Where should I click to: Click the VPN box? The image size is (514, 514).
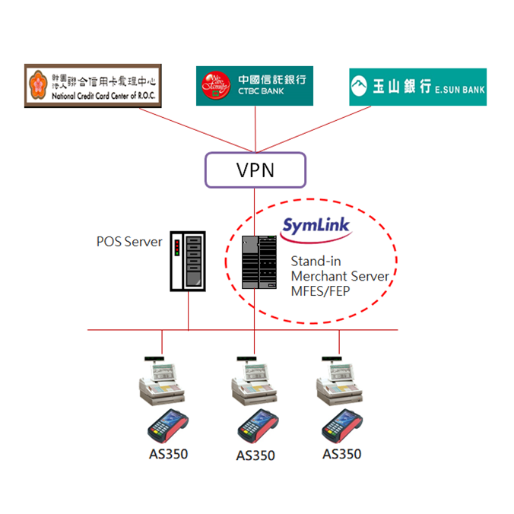pyautogui.click(x=255, y=170)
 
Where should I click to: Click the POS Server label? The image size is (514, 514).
pyautogui.click(x=129, y=242)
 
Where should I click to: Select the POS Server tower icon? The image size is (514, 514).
pyautogui.click(x=188, y=260)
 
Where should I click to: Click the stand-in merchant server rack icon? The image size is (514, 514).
pyautogui.click(x=256, y=262)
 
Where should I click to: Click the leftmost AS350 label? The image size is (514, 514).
pyautogui.click(x=168, y=455)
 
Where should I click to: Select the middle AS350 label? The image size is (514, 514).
pyautogui.click(x=255, y=456)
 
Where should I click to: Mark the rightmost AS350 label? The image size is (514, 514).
pyautogui.click(x=341, y=454)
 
